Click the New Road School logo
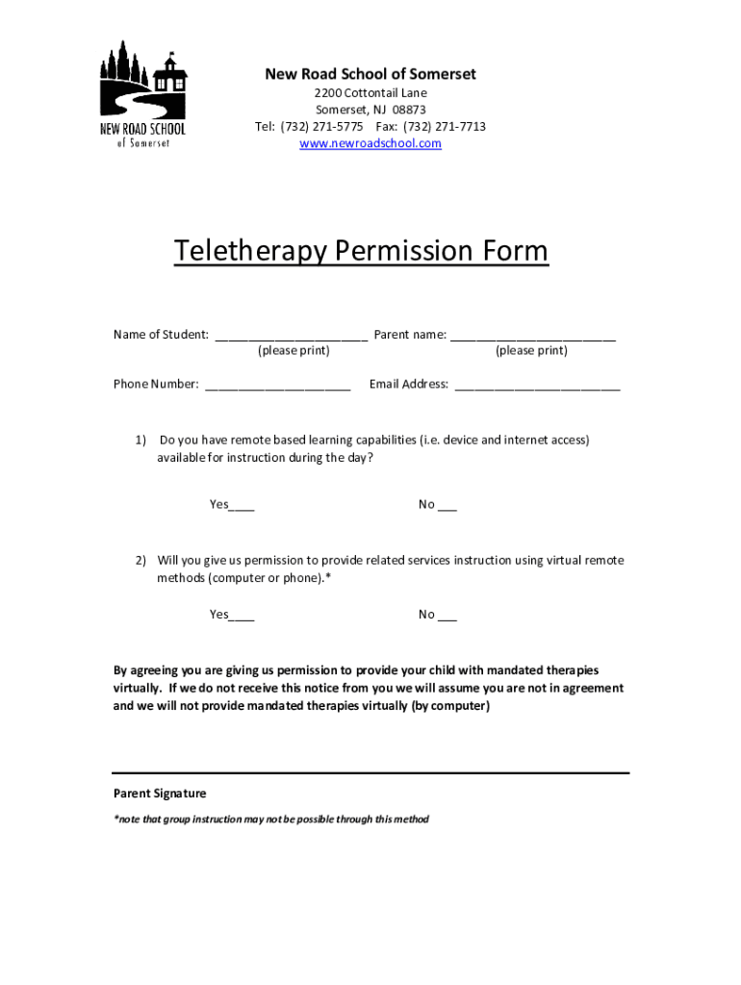click(143, 94)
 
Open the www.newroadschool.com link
click(370, 143)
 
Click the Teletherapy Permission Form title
click(361, 251)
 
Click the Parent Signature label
click(160, 794)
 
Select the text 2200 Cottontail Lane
click(370, 93)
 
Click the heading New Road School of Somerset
click(370, 74)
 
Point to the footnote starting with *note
click(271, 820)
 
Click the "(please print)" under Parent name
click(531, 351)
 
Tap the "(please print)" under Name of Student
click(294, 351)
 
